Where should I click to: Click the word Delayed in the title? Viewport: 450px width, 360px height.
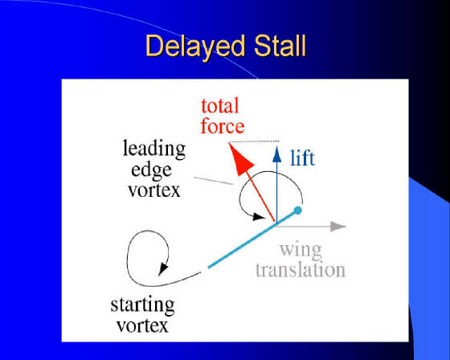click(195, 47)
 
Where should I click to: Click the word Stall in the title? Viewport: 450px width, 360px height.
click(280, 45)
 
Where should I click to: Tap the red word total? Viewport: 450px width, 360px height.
click(220, 106)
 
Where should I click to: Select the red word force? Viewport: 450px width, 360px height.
click(223, 125)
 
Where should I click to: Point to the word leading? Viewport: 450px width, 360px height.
click(154, 149)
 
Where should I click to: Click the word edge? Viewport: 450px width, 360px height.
click(151, 170)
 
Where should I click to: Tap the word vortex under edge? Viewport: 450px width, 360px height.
click(154, 190)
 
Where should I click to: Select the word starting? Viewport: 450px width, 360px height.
click(143, 305)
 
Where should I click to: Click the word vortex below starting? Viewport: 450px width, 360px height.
click(143, 325)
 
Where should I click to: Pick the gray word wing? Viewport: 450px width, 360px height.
click(301, 251)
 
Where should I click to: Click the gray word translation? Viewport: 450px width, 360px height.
click(301, 270)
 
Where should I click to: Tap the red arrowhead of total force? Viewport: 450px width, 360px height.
click(240, 159)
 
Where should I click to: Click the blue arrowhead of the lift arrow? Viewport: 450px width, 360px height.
click(276, 154)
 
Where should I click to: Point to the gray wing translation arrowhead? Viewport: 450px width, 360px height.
click(337, 227)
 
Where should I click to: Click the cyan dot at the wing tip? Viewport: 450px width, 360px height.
click(298, 211)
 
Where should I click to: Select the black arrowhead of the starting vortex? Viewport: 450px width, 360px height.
click(163, 268)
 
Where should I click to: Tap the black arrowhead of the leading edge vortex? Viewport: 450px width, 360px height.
click(258, 217)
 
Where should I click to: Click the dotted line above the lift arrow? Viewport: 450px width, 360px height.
click(254, 141)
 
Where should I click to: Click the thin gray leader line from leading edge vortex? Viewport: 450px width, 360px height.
click(214, 181)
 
